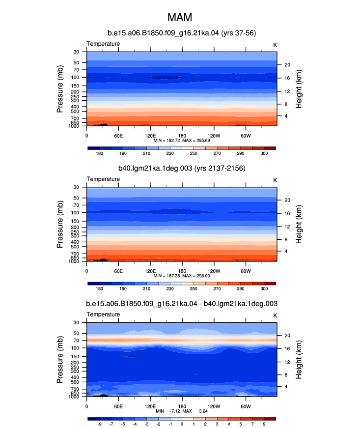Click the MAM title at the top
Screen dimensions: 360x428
180,18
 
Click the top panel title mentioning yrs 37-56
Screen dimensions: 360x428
182,33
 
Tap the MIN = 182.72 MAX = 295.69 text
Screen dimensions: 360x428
182,141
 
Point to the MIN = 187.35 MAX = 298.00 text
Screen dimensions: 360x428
182,276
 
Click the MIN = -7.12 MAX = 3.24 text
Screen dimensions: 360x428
182,411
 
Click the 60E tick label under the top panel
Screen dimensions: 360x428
118,136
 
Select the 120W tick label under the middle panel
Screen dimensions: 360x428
214,271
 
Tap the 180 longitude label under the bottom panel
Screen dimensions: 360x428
182,406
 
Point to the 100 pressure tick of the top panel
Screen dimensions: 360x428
75,78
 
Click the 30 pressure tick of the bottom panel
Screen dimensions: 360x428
76,323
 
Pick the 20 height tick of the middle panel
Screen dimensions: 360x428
287,200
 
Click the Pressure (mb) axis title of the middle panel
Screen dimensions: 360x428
60,225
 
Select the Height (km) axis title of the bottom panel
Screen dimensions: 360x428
299,360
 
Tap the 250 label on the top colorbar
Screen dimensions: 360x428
194,153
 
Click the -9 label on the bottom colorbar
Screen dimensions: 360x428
100,424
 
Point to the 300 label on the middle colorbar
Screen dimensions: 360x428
264,289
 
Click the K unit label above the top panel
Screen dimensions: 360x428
275,45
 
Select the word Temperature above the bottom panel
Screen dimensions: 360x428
103,314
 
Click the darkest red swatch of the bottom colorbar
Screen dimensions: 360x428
270,419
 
